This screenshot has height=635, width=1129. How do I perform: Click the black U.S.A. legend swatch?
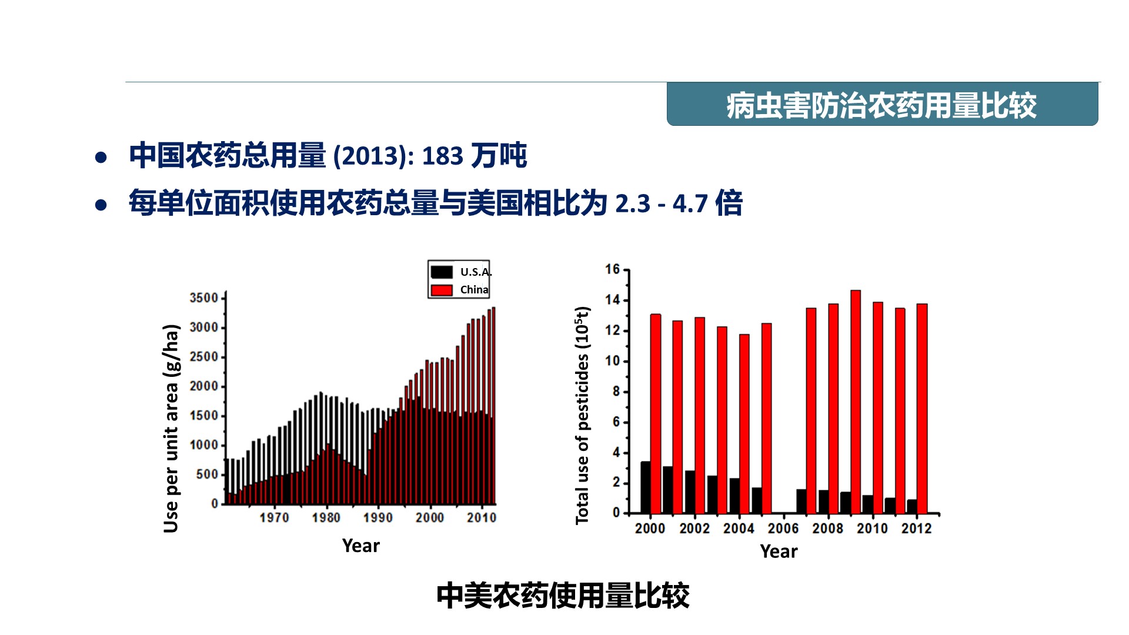pyautogui.click(x=442, y=272)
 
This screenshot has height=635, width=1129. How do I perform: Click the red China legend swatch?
pyautogui.click(x=442, y=290)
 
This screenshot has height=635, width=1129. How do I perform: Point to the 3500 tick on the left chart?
pyautogui.click(x=203, y=298)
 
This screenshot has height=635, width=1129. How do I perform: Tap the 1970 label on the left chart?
pyautogui.click(x=274, y=517)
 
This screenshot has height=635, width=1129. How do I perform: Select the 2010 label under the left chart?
pyautogui.click(x=482, y=517)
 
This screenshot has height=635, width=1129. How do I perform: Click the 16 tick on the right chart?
pyautogui.click(x=613, y=269)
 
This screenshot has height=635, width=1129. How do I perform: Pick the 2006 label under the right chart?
pyautogui.click(x=783, y=529)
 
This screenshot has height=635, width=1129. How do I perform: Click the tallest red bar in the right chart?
pyautogui.click(x=856, y=402)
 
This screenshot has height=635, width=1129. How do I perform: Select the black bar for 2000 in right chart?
pyautogui.click(x=646, y=487)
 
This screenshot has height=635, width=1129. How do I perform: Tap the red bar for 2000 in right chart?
pyautogui.click(x=656, y=414)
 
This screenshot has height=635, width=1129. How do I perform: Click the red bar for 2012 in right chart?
pyautogui.click(x=922, y=409)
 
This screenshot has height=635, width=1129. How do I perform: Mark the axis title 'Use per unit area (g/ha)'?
pyautogui.click(x=171, y=429)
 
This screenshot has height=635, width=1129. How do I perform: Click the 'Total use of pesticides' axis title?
pyautogui.click(x=582, y=415)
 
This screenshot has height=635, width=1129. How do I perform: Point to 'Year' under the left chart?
pyautogui.click(x=361, y=546)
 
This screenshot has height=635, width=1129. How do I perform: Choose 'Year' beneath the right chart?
pyautogui.click(x=779, y=552)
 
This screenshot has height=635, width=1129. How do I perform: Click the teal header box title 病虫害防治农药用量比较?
pyautogui.click(x=881, y=106)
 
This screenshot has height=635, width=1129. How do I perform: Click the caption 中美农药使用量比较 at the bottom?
pyautogui.click(x=563, y=596)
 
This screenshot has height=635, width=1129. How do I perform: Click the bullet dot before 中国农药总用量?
pyautogui.click(x=101, y=158)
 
